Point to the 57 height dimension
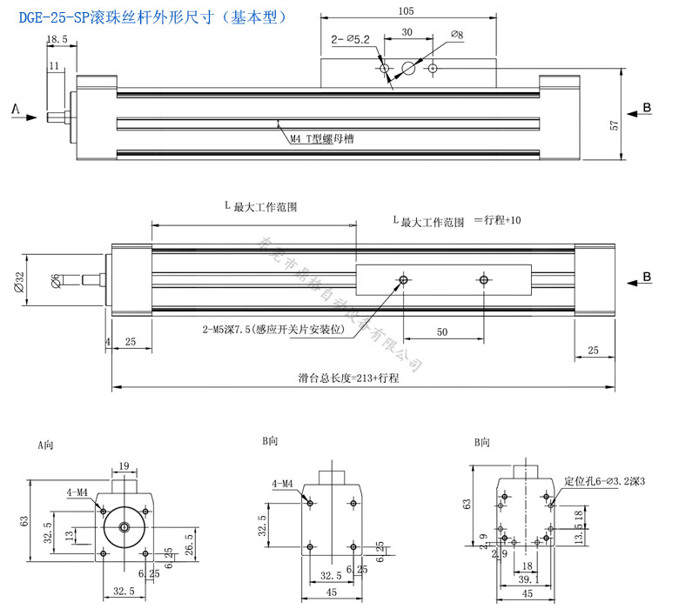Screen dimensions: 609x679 (615, 125)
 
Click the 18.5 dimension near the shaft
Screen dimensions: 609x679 (57, 39)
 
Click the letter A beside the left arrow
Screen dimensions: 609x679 (15, 109)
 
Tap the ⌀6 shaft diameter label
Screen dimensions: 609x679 (56, 279)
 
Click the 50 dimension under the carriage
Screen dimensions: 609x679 (441, 331)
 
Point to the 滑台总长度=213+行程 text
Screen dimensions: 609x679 (348, 378)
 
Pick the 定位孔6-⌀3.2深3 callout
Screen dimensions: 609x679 (606, 480)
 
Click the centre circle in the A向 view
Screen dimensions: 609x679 (124, 526)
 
